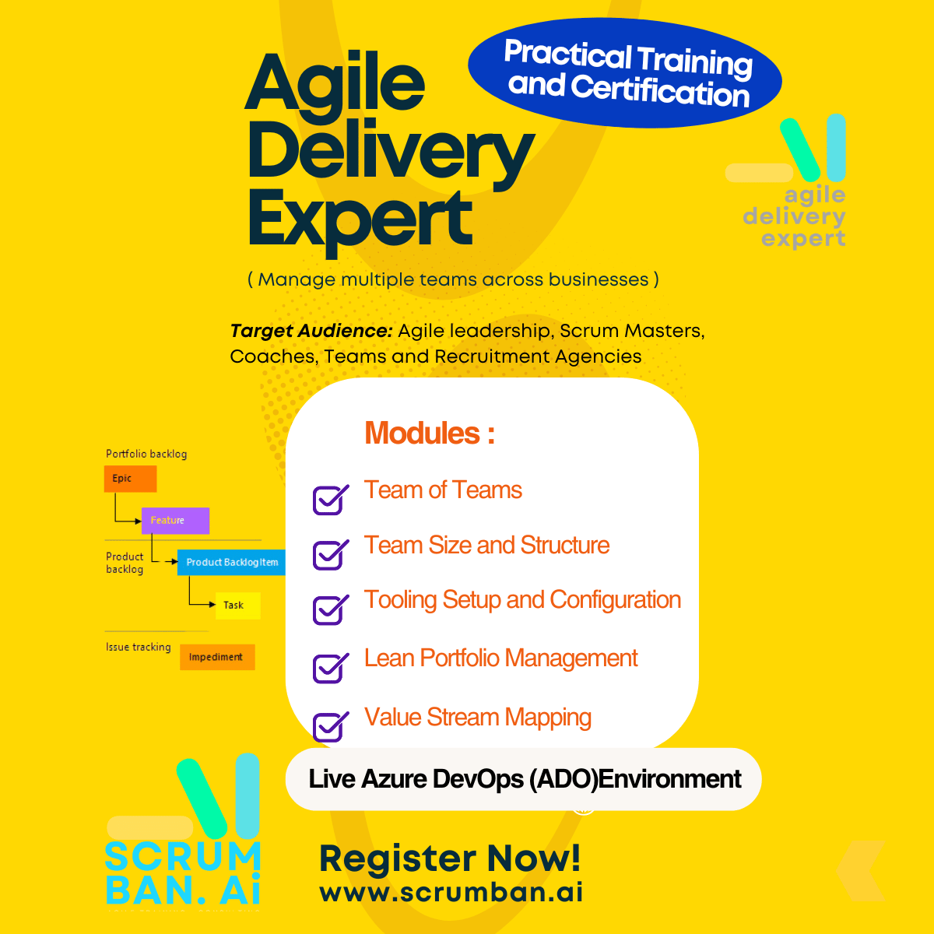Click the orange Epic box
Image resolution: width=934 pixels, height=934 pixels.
coord(131,479)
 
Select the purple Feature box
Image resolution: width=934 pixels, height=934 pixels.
coord(175,521)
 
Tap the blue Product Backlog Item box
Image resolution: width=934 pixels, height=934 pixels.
coord(231,562)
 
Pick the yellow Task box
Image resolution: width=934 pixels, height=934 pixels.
coord(238,606)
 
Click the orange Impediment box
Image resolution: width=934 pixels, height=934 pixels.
coord(217,657)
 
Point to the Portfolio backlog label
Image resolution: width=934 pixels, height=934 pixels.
coord(146,454)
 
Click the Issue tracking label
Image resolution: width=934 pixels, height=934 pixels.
coord(138,647)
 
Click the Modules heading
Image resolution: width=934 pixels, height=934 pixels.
coord(430,432)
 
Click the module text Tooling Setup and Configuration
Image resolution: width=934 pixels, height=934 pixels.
coord(522,600)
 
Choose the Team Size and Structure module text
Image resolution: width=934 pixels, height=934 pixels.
coord(486,545)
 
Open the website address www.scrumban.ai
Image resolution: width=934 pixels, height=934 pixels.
coord(451,892)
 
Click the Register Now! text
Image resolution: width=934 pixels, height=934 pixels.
coord(450,858)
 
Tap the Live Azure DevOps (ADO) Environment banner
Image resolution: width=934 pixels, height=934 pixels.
coord(524,779)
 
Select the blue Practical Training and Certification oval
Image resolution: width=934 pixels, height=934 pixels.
coord(625,73)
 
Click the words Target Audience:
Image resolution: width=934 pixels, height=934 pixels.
coord(311,331)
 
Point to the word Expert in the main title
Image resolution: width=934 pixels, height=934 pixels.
coord(360,220)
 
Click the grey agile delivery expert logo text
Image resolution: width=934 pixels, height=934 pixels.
coord(795,216)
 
